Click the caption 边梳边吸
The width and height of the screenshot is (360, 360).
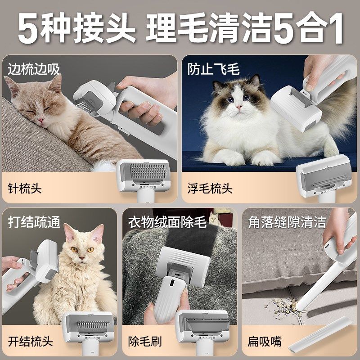tap(34, 69)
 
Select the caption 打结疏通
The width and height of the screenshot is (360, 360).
tap(34, 222)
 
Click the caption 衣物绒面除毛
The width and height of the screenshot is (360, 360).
tap(167, 222)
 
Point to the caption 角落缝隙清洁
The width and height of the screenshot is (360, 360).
tap(287, 222)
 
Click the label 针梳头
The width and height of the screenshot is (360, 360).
tap(25, 188)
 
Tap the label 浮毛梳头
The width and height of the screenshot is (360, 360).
tap(210, 188)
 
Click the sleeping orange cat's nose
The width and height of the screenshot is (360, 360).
tap(41, 120)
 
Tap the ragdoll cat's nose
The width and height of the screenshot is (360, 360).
tap(237, 108)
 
